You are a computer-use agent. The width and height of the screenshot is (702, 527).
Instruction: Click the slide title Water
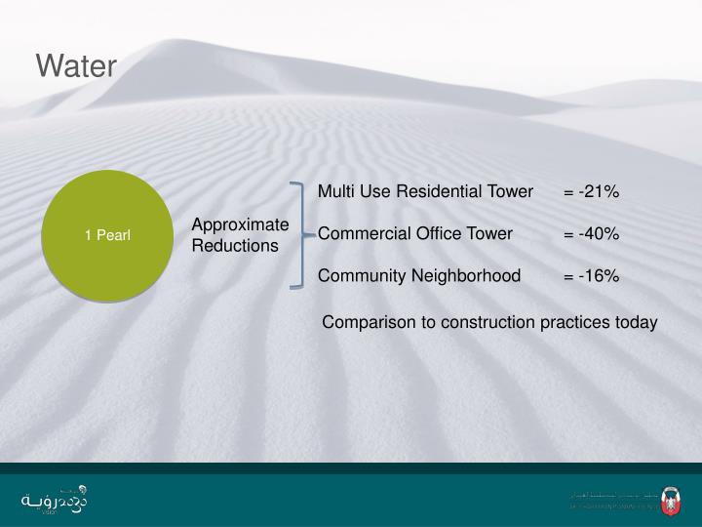point(76,66)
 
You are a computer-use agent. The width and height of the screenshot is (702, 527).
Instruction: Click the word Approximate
point(240,224)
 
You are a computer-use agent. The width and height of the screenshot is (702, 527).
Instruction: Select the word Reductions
point(235,245)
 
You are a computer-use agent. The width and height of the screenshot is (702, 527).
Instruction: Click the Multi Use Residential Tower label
point(425,191)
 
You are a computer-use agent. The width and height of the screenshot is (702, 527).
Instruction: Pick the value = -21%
point(591,191)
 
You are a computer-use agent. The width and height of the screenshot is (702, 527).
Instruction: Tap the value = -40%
point(591,233)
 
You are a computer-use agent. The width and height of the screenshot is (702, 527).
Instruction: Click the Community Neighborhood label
point(419,275)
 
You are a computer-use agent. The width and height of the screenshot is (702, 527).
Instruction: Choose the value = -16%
point(591,275)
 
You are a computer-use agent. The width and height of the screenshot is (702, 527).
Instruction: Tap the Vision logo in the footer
point(54,498)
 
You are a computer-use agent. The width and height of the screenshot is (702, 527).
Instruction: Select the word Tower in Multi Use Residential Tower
point(511,191)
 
